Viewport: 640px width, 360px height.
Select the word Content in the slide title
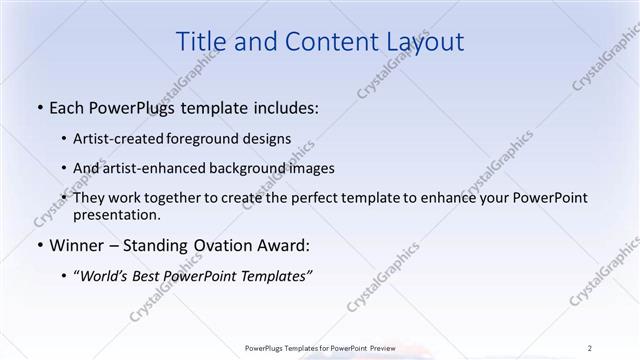click(x=320, y=41)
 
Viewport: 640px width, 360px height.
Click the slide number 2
click(x=590, y=348)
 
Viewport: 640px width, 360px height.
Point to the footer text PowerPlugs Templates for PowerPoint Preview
click(x=319, y=348)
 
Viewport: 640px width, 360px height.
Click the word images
click(x=310, y=168)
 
